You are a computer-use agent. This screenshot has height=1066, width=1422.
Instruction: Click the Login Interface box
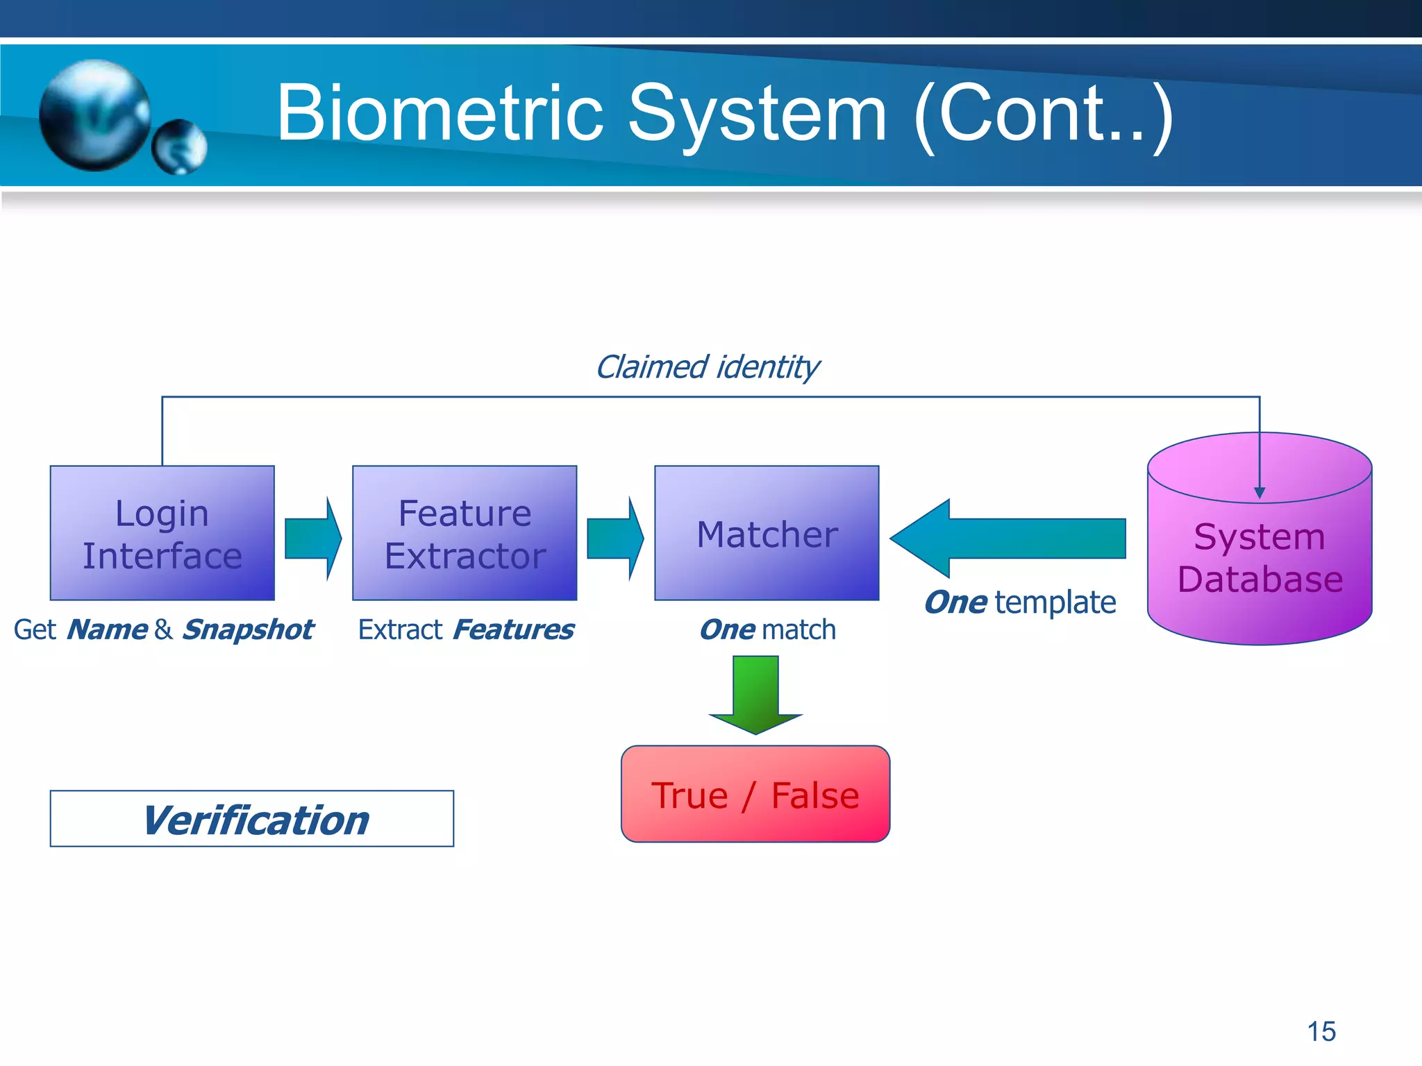pos(162,533)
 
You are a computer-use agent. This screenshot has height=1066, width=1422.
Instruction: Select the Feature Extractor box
pos(465,533)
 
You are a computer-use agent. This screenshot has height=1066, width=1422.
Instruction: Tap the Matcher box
pos(767,533)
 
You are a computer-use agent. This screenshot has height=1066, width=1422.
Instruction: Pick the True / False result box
pos(755,794)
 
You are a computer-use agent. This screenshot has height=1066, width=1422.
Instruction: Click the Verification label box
pos(251,819)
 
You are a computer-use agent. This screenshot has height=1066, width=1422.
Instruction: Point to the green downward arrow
pos(755,694)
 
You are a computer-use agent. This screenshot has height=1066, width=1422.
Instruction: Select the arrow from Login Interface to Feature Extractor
pos(313,539)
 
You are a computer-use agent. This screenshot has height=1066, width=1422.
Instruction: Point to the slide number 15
pos(1321,1031)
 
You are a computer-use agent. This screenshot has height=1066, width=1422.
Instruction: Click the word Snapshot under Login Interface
pos(248,629)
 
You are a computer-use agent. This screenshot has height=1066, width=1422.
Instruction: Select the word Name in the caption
pos(107,629)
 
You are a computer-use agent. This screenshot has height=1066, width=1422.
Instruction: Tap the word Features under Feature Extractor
pos(513,629)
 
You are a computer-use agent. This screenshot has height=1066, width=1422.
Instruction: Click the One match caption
pos(767,629)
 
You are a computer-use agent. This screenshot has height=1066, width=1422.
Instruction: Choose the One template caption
pos(1020,602)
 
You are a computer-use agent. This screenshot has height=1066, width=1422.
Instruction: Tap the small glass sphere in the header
pos(179,146)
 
